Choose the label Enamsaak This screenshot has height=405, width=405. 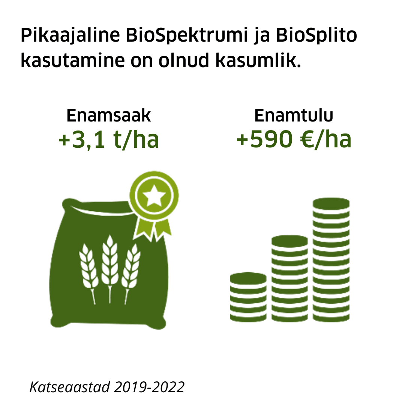[x=109, y=116]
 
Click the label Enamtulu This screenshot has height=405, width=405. [x=294, y=116]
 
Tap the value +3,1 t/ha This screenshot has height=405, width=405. [x=109, y=140]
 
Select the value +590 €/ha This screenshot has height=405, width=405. [x=294, y=140]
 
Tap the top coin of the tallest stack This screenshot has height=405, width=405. [x=331, y=204]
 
